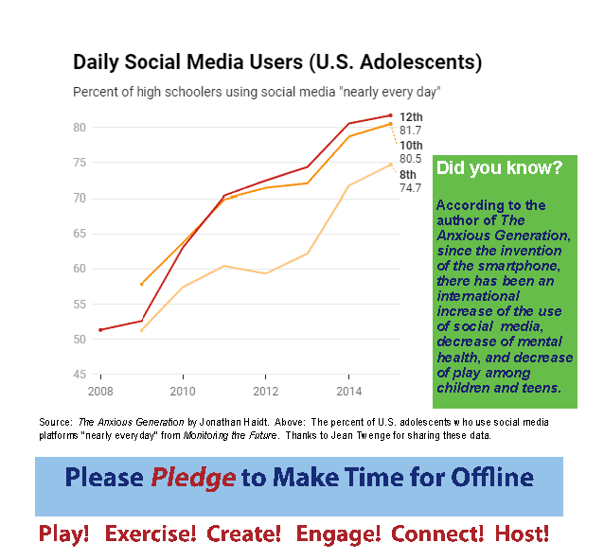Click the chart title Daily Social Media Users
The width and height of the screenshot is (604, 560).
(x=277, y=63)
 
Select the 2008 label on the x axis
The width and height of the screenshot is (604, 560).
(x=100, y=391)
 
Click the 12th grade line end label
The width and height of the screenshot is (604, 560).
(x=411, y=116)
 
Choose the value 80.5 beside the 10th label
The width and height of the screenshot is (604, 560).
(x=411, y=159)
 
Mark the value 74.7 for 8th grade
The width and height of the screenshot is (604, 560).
(x=411, y=188)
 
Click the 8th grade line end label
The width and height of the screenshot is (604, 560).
(x=408, y=175)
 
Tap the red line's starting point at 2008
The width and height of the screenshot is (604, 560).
(x=100, y=329)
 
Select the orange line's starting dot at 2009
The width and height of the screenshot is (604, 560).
(x=142, y=284)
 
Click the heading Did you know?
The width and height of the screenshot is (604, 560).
(x=499, y=168)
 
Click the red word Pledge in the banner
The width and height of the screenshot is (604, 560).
(x=193, y=477)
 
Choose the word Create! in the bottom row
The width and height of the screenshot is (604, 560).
(x=244, y=534)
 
